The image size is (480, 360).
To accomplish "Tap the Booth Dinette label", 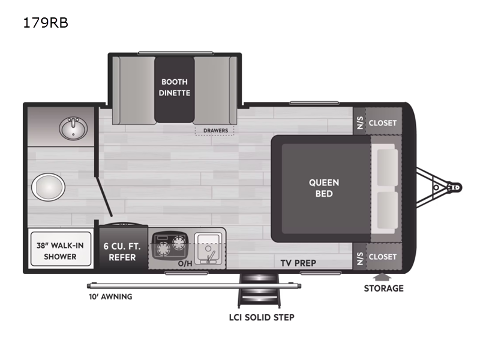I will pyautogui.click(x=174, y=87).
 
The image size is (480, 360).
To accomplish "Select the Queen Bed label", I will pyautogui.click(x=324, y=188).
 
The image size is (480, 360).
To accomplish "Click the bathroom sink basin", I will pyautogui.click(x=74, y=127).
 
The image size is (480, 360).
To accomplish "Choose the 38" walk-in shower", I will pyautogui.click(x=60, y=250).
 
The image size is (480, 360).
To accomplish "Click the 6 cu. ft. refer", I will pyautogui.click(x=123, y=251).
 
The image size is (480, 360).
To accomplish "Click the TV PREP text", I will pyautogui.click(x=298, y=263).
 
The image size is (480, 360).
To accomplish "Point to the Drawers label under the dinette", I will pyautogui.click(x=214, y=130).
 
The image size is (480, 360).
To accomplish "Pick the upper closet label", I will pyautogui.click(x=382, y=123).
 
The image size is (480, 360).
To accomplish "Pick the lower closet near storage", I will pyautogui.click(x=382, y=257).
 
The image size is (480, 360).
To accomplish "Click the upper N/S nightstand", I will pyautogui.click(x=360, y=123).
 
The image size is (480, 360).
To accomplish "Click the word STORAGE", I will pyautogui.click(x=383, y=289).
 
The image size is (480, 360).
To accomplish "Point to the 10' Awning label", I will pyautogui.click(x=108, y=296).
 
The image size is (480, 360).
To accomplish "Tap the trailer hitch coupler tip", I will pyautogui.click(x=457, y=187).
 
